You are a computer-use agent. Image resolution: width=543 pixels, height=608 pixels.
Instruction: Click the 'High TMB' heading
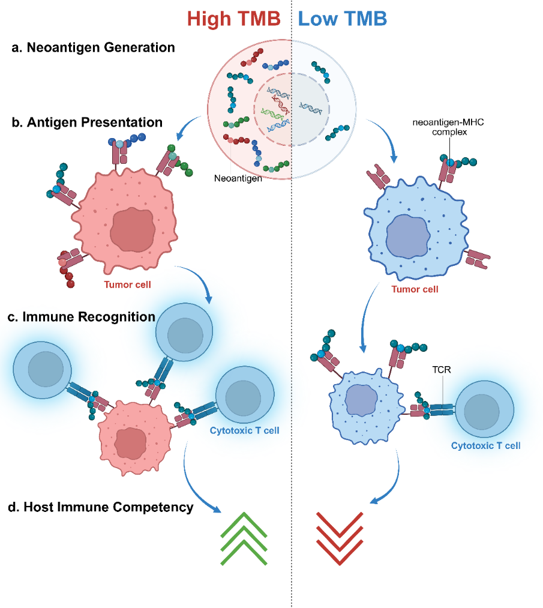(234, 19)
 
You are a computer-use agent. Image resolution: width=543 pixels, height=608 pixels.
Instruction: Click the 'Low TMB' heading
(343, 19)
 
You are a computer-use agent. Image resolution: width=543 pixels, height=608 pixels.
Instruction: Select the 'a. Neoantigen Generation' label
(93, 47)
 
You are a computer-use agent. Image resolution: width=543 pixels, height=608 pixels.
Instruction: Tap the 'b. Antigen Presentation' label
(87, 122)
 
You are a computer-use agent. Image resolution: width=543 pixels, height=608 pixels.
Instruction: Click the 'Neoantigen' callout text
(238, 178)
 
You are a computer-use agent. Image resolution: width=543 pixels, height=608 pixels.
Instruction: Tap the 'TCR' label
(442, 370)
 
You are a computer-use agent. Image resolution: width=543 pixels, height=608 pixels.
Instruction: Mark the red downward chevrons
(340, 538)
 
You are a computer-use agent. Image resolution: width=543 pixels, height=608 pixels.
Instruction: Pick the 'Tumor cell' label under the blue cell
(415, 289)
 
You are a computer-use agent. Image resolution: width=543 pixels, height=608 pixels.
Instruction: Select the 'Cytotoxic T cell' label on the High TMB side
(245, 430)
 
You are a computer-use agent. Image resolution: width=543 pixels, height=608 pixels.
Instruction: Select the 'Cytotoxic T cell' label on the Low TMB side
(485, 445)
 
